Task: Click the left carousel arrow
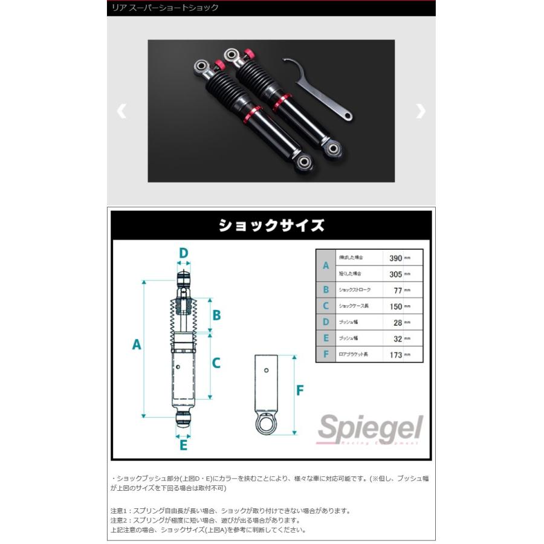click(x=121, y=111)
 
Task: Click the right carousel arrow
click(x=421, y=111)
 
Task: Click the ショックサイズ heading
click(x=271, y=226)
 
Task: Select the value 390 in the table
click(x=395, y=257)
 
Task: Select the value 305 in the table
click(x=395, y=274)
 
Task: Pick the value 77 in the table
click(x=397, y=290)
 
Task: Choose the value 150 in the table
click(x=395, y=306)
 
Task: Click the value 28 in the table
click(x=397, y=323)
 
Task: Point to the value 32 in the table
click(x=397, y=338)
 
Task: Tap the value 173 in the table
click(x=395, y=355)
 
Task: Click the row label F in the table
click(x=326, y=355)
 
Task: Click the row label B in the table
click(x=326, y=290)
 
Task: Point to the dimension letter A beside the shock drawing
click(x=137, y=345)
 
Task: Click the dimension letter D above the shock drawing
click(x=183, y=253)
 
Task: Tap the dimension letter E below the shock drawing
click(x=183, y=445)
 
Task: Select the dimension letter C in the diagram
click(x=216, y=363)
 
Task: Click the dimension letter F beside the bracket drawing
click(x=300, y=390)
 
